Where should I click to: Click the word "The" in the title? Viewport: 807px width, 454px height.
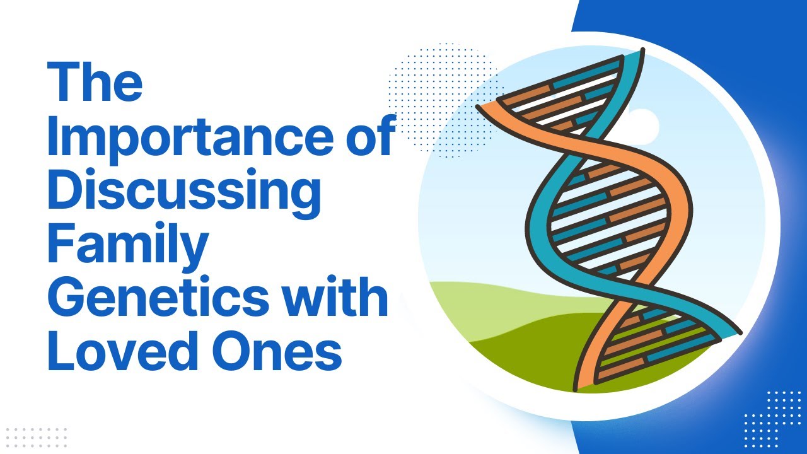click(x=95, y=83)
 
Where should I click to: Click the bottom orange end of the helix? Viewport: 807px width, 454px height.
click(x=583, y=383)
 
